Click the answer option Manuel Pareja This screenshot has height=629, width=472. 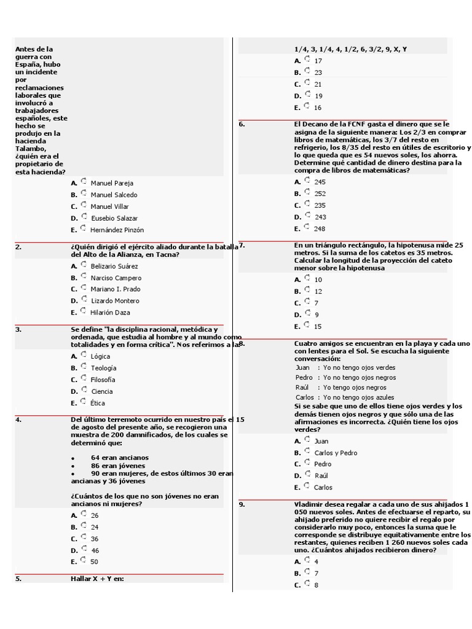[x=111, y=183]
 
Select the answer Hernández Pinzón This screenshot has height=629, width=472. [x=117, y=230]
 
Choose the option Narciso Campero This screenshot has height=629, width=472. [x=116, y=278]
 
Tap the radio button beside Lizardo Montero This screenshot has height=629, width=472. [x=84, y=300]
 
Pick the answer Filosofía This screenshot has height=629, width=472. [x=103, y=380]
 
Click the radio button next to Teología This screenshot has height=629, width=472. [x=84, y=367]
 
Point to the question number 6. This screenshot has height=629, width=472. [x=242, y=124]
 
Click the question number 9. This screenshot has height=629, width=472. [x=242, y=504]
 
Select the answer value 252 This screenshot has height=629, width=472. [x=320, y=193]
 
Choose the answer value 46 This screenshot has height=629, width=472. [x=95, y=550]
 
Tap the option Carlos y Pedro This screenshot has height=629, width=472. [x=335, y=453]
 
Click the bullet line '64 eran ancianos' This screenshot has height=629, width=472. [x=119, y=458]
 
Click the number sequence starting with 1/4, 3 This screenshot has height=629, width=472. [x=350, y=49]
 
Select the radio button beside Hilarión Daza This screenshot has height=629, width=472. [x=84, y=311]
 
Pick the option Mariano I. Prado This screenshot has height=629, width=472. [x=115, y=289]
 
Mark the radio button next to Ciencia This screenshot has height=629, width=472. [x=84, y=390]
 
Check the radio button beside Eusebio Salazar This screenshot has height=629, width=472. [x=84, y=217]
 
